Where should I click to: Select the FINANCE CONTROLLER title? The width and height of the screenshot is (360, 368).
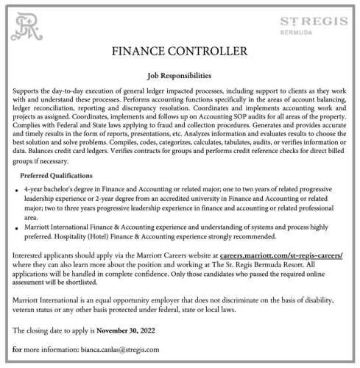pyautogui.click(x=180, y=52)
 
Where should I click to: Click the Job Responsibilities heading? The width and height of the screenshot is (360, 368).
pyautogui.click(x=180, y=75)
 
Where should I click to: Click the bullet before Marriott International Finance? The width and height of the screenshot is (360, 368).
pyautogui.click(x=16, y=229)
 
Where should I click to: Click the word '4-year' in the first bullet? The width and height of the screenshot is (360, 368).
pyautogui.click(x=33, y=189)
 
